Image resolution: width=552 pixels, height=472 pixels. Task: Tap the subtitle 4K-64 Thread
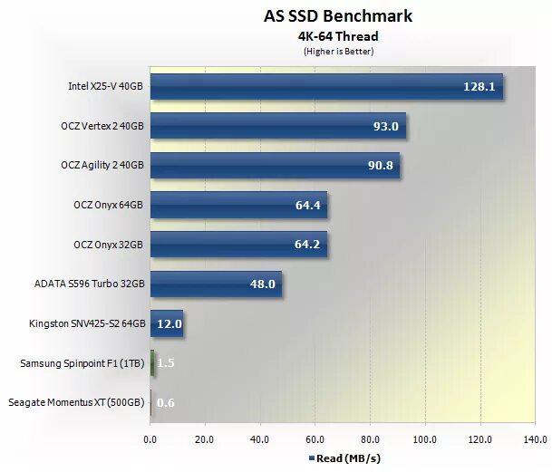click(338, 37)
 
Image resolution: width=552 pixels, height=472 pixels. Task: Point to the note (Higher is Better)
click(338, 52)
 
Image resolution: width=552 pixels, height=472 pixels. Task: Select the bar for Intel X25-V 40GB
click(326, 88)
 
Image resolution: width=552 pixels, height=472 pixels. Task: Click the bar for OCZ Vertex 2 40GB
click(278, 127)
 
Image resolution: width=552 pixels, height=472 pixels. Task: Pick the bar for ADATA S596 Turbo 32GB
click(216, 284)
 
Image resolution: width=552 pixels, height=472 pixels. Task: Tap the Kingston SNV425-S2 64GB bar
click(167, 323)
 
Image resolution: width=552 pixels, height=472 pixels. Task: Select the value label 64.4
click(309, 206)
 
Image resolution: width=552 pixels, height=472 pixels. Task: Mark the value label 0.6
click(166, 402)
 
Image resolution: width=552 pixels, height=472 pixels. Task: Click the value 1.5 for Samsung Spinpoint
click(166, 363)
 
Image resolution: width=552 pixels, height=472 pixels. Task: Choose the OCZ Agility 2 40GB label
click(102, 166)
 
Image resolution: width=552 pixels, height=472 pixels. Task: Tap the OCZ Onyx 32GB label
click(107, 245)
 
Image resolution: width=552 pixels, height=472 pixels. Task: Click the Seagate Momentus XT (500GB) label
click(75, 402)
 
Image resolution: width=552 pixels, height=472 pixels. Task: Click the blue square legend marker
click(311, 458)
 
